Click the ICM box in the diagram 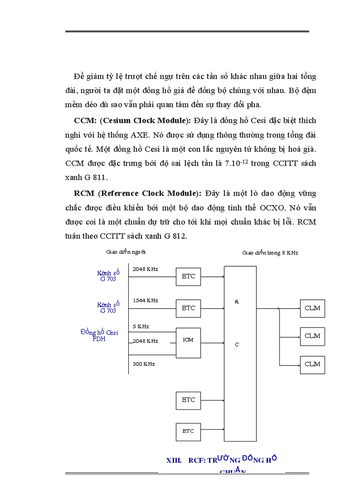point(188,340)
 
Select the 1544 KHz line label point(145,300)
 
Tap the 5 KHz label point(141,327)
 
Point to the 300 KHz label point(144,364)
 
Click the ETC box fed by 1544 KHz point(188,308)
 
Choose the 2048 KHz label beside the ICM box point(145,341)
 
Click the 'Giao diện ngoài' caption point(126,252)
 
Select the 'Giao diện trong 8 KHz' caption point(270,253)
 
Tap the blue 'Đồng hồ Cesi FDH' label point(99,335)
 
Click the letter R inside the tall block point(236,302)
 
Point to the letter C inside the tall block point(236,345)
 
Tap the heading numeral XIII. point(174,460)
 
